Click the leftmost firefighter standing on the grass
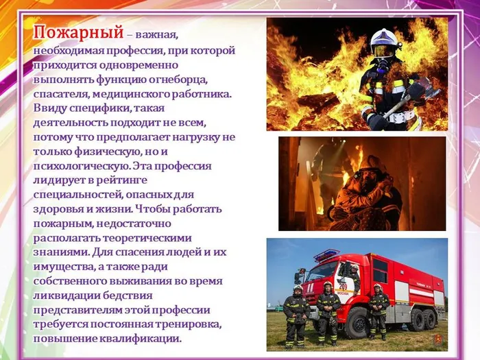coord(296,315)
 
